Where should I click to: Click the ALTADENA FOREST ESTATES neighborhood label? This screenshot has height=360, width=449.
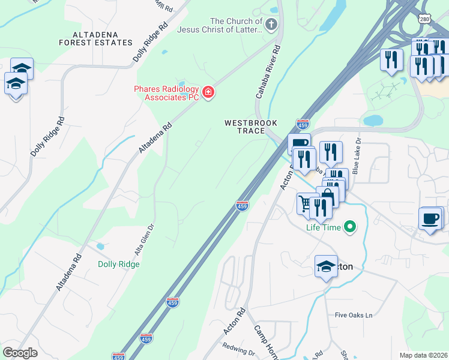(95, 38)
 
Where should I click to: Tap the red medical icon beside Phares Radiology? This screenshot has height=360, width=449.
(208, 92)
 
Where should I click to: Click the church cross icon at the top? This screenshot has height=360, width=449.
(271, 24)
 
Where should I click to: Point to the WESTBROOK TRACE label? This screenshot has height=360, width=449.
(251, 127)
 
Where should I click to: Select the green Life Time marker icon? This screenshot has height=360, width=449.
(349, 227)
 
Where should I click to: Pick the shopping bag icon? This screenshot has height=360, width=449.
(327, 196)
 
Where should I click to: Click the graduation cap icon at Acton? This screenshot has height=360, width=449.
(325, 266)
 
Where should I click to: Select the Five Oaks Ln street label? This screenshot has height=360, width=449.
(354, 315)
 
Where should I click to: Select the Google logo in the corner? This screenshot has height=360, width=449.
(20, 353)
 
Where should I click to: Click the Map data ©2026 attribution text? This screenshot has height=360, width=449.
(423, 355)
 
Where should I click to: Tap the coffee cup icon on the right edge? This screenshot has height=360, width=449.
(430, 218)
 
